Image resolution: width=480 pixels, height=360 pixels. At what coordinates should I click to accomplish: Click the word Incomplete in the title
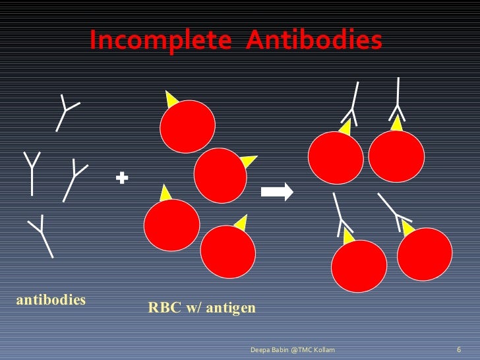(x=160, y=41)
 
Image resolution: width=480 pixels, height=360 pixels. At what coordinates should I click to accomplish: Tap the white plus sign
(x=121, y=177)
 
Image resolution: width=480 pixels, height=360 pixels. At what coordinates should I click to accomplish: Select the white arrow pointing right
(x=276, y=192)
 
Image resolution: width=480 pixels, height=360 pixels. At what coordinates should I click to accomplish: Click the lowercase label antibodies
(x=51, y=300)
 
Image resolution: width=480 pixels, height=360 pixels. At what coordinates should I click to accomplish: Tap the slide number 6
(x=458, y=349)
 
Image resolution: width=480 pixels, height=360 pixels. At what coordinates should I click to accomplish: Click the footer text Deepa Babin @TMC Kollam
(x=292, y=349)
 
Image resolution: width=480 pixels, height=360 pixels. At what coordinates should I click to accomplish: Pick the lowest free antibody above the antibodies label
(x=42, y=235)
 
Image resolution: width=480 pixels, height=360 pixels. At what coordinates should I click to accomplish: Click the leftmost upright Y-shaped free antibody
(x=32, y=173)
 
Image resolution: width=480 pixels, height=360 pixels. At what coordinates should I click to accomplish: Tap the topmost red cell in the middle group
(x=189, y=127)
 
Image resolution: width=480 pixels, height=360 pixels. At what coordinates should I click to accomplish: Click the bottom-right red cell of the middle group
(x=227, y=251)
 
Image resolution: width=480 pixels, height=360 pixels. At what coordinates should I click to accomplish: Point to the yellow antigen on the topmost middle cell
(x=171, y=100)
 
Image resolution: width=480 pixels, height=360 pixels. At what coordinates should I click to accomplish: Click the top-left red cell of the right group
(x=336, y=158)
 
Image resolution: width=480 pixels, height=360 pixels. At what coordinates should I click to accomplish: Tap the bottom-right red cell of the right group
(x=425, y=254)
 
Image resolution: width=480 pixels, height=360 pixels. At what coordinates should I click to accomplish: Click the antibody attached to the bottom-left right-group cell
(x=342, y=214)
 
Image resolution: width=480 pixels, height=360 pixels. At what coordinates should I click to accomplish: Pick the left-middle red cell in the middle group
(x=171, y=225)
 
